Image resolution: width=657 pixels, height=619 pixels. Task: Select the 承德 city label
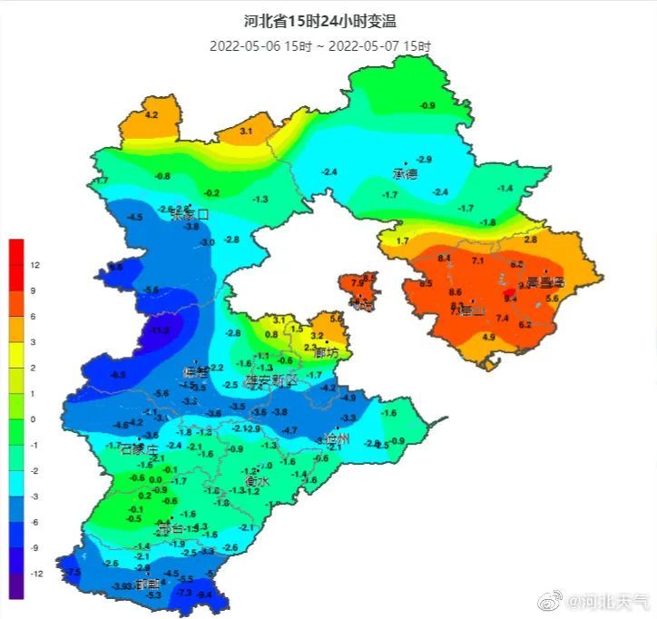click(x=405, y=172)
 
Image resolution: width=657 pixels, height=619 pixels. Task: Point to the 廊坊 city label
click(x=326, y=352)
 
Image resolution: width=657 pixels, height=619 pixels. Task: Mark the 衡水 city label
click(x=255, y=482)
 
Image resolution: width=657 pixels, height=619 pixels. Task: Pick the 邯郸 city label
click(x=147, y=585)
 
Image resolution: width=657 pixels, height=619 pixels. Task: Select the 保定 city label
click(x=195, y=372)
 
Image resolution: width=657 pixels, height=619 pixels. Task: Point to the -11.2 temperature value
click(x=161, y=330)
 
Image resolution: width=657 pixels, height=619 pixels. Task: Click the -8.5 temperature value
click(x=118, y=374)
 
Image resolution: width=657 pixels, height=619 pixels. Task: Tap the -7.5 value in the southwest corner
click(x=74, y=571)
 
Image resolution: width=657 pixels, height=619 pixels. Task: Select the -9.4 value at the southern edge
click(x=205, y=594)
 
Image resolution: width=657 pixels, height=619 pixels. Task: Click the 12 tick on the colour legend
click(x=34, y=265)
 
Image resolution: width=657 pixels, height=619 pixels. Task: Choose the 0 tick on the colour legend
click(x=34, y=419)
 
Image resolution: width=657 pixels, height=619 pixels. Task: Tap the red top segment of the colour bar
click(x=16, y=251)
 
